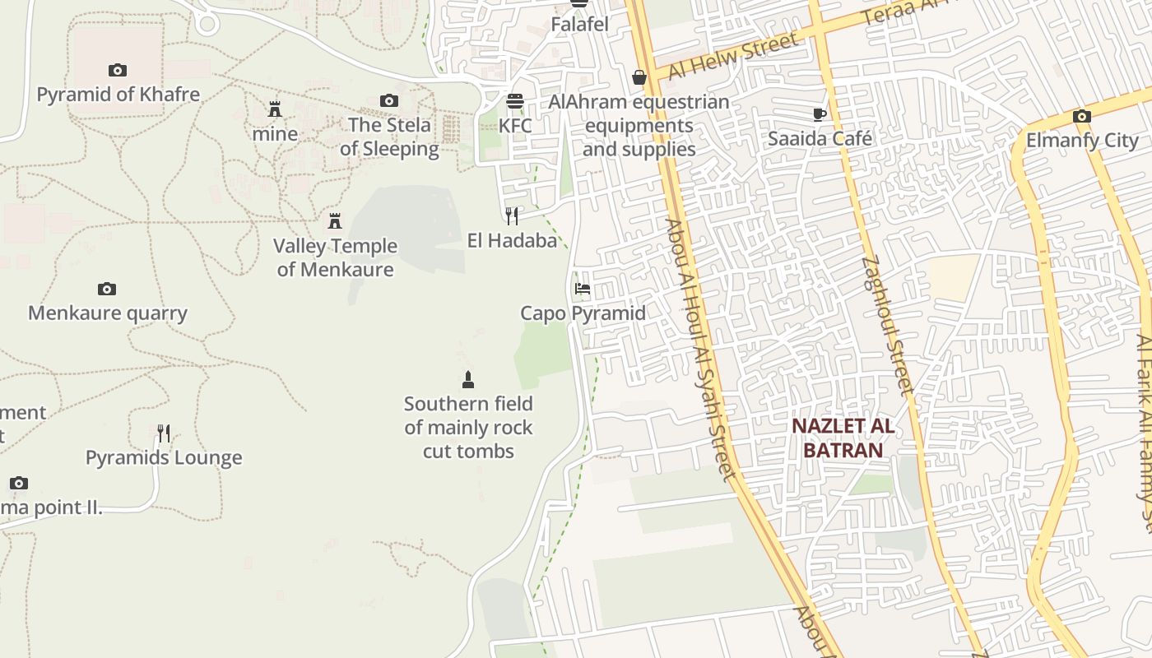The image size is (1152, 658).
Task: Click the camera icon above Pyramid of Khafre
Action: pos(118,71)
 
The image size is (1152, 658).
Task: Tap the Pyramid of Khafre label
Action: pos(118,94)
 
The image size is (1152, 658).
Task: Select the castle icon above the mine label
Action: pos(275,109)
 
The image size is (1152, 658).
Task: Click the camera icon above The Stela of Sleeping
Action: pos(389,101)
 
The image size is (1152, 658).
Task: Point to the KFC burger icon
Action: pos(515,102)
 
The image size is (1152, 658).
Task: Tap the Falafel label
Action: pos(579,25)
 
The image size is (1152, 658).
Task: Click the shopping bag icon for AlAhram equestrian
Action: pos(639,77)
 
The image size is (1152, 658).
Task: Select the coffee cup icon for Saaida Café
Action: pos(819,114)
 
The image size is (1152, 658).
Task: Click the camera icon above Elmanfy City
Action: pos(1081,117)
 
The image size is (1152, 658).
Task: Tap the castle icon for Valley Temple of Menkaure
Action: pos(335,221)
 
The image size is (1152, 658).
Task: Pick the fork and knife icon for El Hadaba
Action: pos(512,215)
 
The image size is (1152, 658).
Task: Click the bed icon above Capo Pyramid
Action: pos(583,289)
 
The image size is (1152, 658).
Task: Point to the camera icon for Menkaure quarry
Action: pos(107,290)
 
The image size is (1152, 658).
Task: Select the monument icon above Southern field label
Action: pos(468,379)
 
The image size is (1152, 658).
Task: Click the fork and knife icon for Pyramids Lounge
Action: pos(164,433)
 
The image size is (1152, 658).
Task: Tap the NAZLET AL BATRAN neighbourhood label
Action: pos(843,438)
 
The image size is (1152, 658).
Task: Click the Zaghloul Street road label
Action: pos(888,326)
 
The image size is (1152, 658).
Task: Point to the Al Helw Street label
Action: pos(732,56)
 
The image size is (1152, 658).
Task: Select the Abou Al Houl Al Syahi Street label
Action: pos(699,349)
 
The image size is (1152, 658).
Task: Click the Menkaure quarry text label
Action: pos(108,313)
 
